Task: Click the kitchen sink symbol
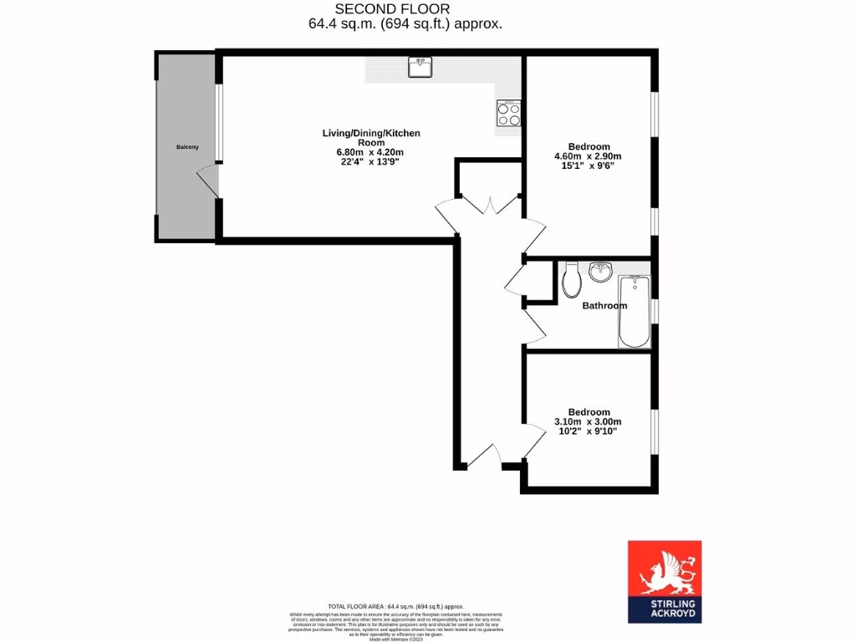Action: pyautogui.click(x=420, y=67)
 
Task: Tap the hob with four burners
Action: pyautogui.click(x=509, y=113)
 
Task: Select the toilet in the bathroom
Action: pyautogui.click(x=573, y=280)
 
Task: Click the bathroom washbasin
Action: pyautogui.click(x=600, y=272)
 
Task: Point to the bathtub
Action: pyautogui.click(x=634, y=314)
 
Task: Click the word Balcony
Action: pyautogui.click(x=187, y=147)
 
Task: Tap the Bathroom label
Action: pyautogui.click(x=604, y=306)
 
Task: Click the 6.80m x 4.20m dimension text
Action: pyautogui.click(x=369, y=152)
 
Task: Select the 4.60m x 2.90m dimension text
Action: pyautogui.click(x=588, y=156)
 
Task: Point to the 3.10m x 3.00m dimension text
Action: pyautogui.click(x=588, y=422)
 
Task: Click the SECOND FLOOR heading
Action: pyautogui.click(x=405, y=9)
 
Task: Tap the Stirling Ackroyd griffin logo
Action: pyautogui.click(x=665, y=568)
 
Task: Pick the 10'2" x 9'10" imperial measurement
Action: pyautogui.click(x=588, y=431)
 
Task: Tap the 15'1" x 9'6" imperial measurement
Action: pyautogui.click(x=588, y=166)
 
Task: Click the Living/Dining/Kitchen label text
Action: pyautogui.click(x=371, y=134)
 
